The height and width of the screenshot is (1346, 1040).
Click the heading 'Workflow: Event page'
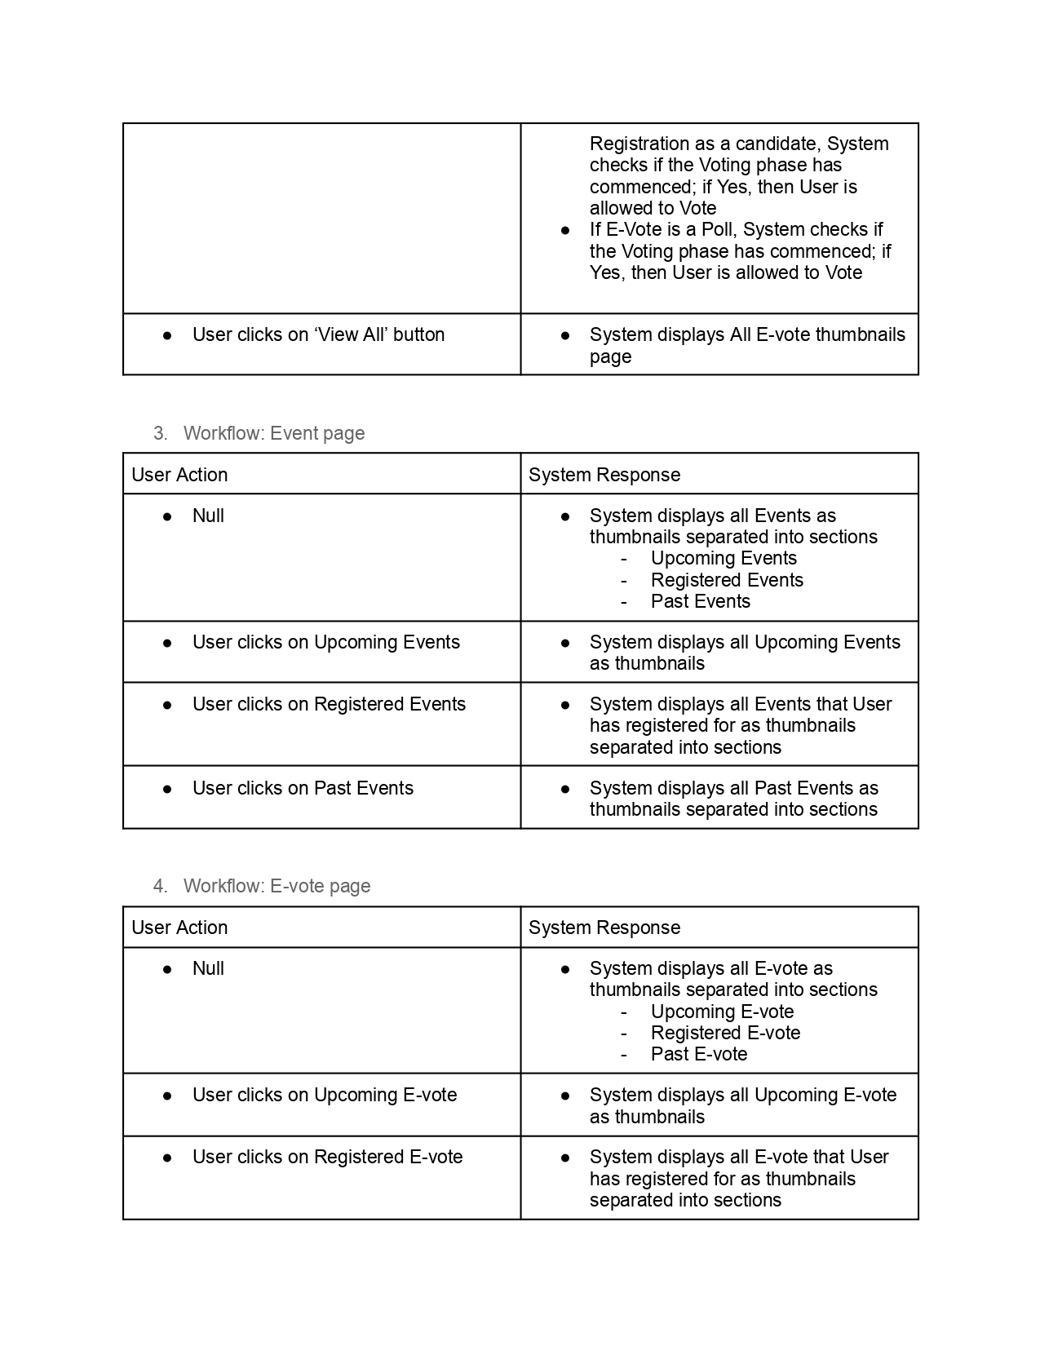click(274, 433)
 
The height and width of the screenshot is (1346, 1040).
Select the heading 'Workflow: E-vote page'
click(277, 886)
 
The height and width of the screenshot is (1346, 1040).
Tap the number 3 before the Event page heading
click(159, 433)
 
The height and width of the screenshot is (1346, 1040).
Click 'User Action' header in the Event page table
click(179, 475)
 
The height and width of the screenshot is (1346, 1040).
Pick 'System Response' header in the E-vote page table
click(604, 928)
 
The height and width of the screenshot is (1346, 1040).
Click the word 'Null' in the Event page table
click(208, 516)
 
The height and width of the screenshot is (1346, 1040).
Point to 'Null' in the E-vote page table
click(208, 968)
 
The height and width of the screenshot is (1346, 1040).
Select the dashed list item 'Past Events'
click(700, 601)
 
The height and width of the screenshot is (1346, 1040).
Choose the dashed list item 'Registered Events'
click(727, 580)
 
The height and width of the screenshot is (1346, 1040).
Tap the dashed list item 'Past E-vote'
click(698, 1054)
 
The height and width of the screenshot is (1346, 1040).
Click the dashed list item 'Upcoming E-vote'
click(722, 1012)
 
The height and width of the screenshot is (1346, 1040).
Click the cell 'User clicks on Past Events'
click(303, 788)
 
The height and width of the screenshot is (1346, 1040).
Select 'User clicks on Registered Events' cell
click(329, 704)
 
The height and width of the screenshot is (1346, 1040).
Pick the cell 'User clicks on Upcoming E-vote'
click(325, 1095)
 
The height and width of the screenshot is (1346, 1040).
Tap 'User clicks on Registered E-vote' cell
click(327, 1157)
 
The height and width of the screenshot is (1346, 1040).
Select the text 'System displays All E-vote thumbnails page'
click(746, 345)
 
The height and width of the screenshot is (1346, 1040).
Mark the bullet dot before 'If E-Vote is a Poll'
click(565, 230)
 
